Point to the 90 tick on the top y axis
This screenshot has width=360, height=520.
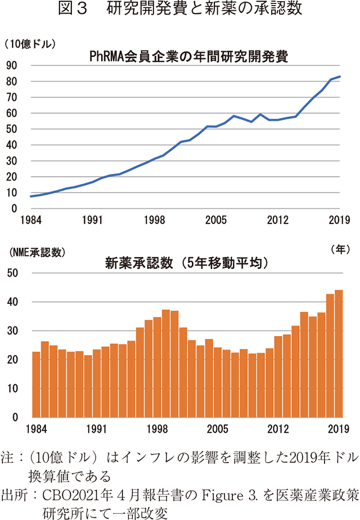[12, 65]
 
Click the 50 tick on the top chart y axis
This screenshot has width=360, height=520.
[12, 129]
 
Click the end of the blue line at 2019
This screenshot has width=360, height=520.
[340, 77]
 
